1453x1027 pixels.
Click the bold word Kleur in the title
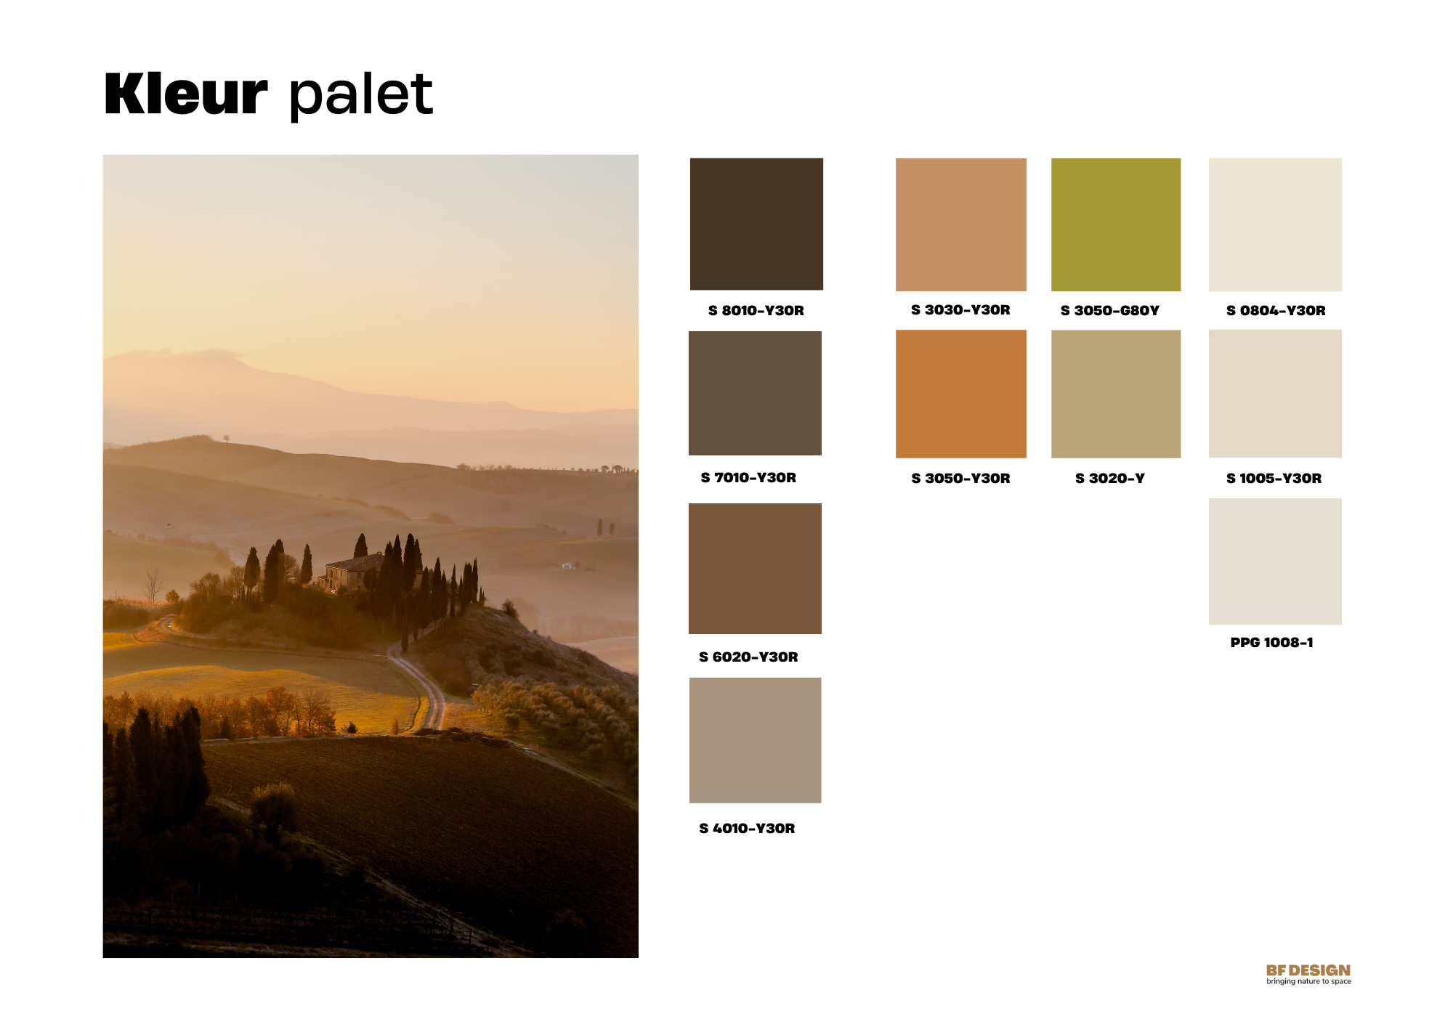pos(186,94)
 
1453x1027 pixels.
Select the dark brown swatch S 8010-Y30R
pos(756,224)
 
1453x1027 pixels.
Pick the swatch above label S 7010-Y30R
pos(755,393)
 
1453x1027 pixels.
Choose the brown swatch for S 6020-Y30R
pos(755,568)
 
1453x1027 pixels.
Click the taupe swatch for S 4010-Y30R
pos(755,740)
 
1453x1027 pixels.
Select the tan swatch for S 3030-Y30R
pos(960,224)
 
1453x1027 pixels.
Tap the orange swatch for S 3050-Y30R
pos(960,394)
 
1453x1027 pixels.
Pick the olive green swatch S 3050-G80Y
pos(1115,224)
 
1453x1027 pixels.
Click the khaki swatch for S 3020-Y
pos(1115,394)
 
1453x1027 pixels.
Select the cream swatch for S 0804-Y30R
pos(1275,224)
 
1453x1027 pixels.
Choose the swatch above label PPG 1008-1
pos(1275,561)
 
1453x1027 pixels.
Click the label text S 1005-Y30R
pos(1274,478)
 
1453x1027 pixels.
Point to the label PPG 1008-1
pos(1271,642)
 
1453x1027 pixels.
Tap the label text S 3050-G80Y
pos(1109,310)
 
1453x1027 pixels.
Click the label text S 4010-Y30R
pos(747,828)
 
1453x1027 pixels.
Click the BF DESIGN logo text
pos(1308,970)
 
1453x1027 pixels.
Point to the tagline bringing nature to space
pos(1308,981)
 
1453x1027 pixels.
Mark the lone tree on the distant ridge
pos(226,438)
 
